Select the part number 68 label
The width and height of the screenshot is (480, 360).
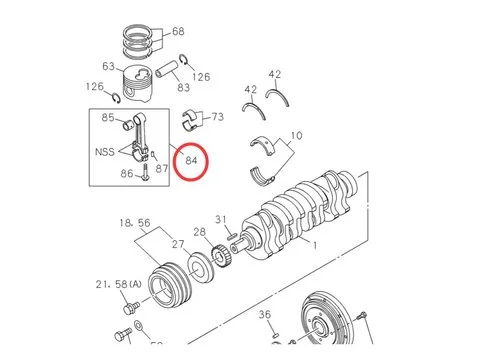pos(178,32)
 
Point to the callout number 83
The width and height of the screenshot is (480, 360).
pos(184,88)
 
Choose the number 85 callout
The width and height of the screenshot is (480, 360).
pos(109,119)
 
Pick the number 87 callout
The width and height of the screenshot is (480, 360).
pos(161,168)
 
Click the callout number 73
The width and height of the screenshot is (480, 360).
pos(217,118)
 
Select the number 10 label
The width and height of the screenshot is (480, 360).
pos(296,136)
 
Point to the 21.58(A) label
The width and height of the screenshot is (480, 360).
pos(118,285)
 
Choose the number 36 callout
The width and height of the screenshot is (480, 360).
pos(265,315)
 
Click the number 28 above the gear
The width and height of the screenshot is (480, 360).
pos(199,232)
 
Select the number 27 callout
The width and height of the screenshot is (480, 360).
pos(177,244)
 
